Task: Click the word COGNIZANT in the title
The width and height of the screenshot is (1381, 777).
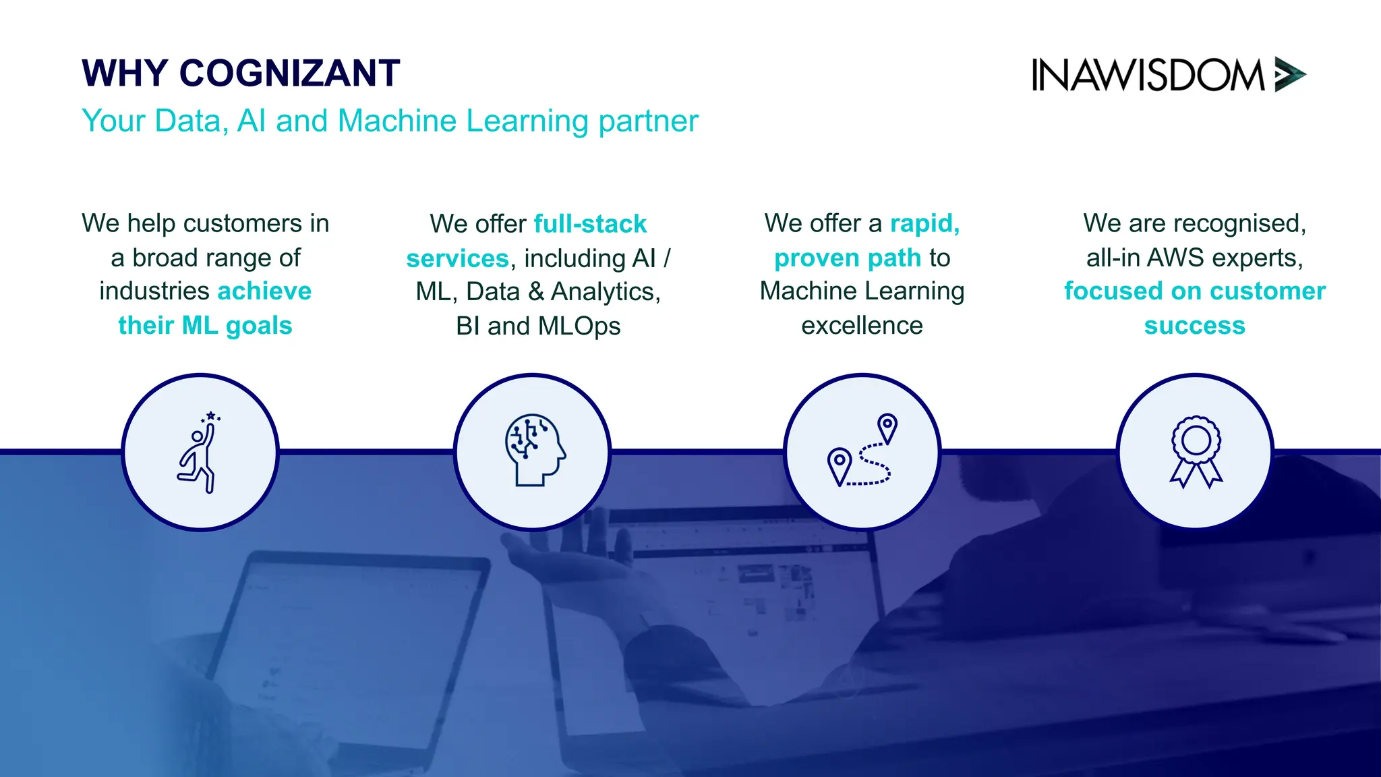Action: tap(289, 74)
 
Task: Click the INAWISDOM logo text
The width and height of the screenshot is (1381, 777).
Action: tap(1147, 75)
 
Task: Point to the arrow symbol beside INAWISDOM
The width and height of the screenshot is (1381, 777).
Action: tap(1290, 74)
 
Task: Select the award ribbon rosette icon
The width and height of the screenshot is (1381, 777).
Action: tap(1196, 451)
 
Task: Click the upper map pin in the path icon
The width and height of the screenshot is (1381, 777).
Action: tap(887, 426)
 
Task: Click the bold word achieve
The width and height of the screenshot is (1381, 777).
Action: tap(264, 291)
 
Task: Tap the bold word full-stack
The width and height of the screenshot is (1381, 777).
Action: tap(590, 224)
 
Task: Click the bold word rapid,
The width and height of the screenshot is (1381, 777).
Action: tap(924, 223)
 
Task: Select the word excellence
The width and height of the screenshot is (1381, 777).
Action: tap(862, 326)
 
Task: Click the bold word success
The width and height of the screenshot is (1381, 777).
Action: tap(1194, 326)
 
